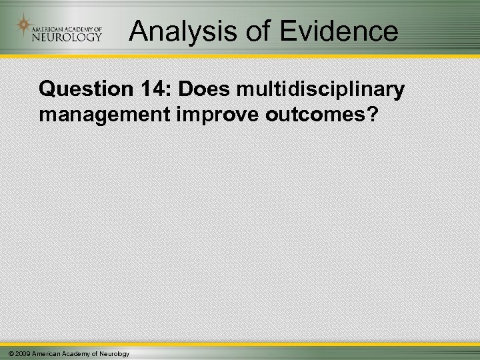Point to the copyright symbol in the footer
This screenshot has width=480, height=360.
tap(5, 353)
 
